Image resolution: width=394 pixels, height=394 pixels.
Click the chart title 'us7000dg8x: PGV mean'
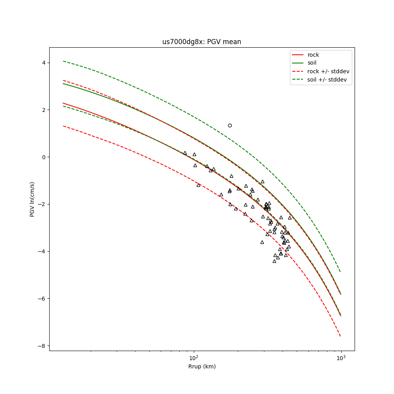tap(202, 42)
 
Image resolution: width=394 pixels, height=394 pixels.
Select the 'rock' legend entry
tap(313, 55)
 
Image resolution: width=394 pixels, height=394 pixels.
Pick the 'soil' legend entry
tap(312, 63)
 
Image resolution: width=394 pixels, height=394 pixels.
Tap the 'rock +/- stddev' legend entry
tap(328, 71)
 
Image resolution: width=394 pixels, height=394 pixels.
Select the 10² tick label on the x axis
tap(193, 357)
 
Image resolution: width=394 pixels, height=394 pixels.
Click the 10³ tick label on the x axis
tap(341, 357)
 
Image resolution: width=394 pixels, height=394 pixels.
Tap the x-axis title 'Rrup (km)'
tap(202, 366)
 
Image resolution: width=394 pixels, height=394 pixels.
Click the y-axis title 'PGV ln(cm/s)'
tap(32, 199)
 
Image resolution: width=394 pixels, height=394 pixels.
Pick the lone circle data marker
tap(230, 125)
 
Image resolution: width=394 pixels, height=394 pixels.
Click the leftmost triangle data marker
tap(185, 153)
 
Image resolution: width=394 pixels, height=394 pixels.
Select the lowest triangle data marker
tap(274, 261)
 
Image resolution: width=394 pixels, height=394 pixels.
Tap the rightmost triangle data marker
tap(290, 218)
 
